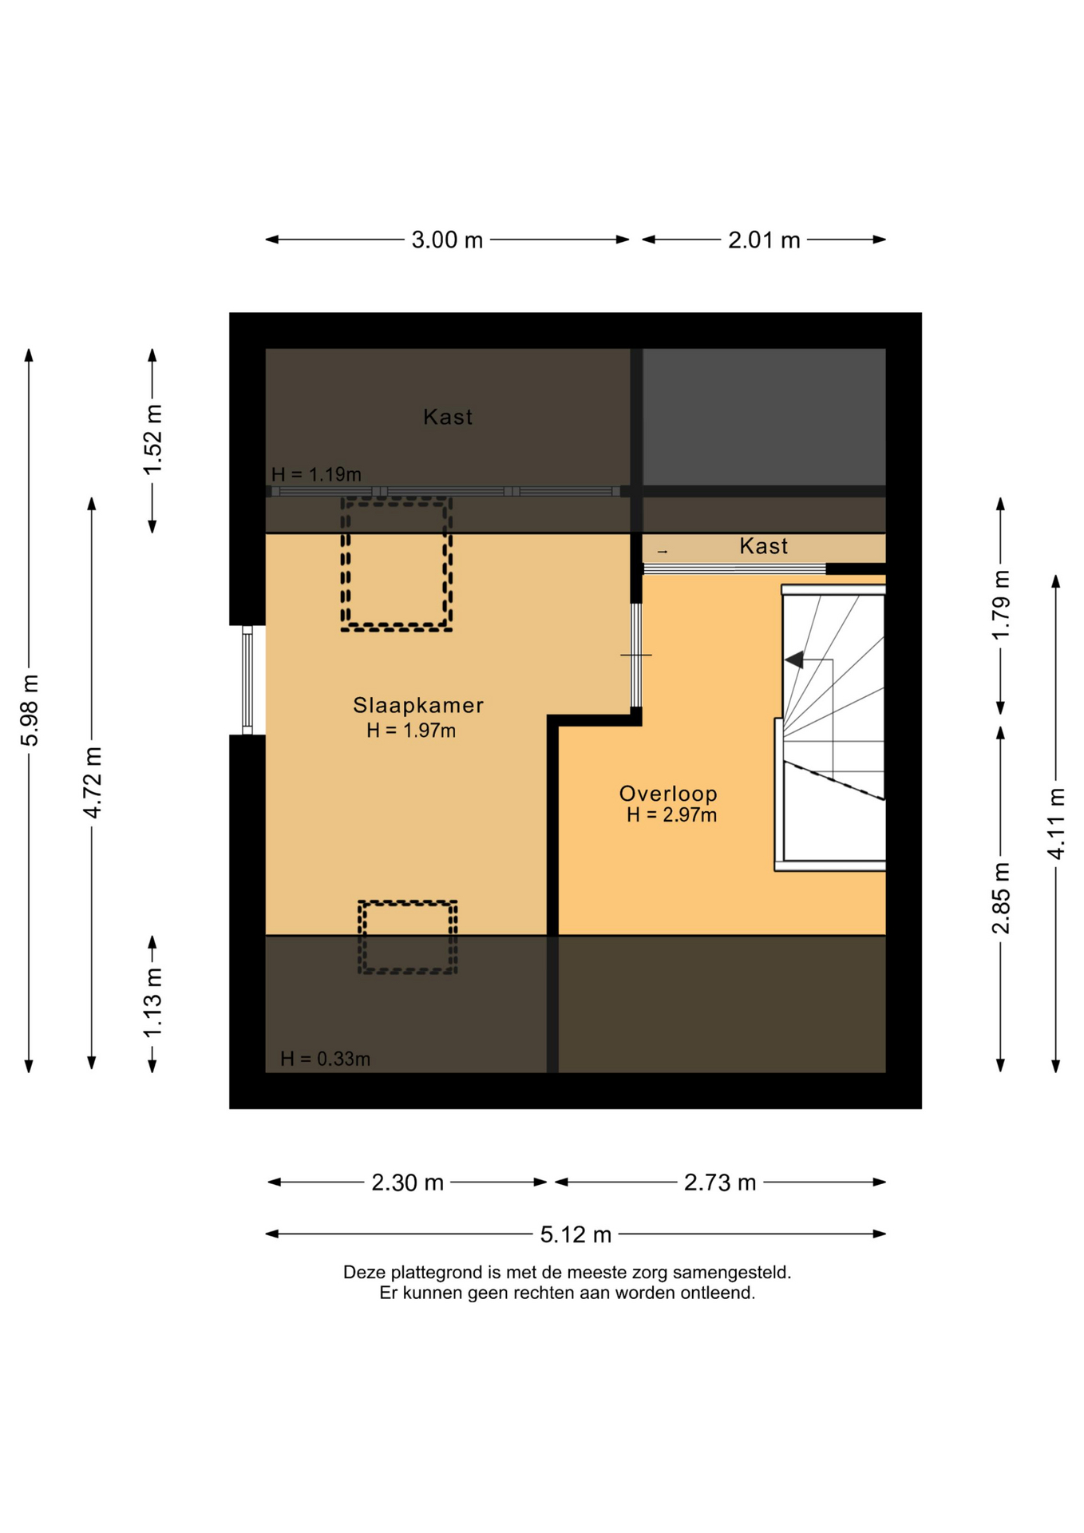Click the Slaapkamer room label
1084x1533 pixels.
point(418,705)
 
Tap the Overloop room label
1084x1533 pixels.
point(668,793)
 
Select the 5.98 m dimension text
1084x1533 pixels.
point(30,710)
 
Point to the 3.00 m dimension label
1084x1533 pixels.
point(447,240)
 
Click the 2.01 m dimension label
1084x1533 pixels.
point(764,240)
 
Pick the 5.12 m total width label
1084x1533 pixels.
point(576,1234)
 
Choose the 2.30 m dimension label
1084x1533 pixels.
point(407,1182)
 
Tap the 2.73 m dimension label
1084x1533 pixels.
point(720,1182)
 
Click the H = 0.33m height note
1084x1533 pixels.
point(325,1059)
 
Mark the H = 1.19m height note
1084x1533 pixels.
point(316,474)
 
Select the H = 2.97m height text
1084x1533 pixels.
point(671,815)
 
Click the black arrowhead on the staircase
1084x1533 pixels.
point(794,660)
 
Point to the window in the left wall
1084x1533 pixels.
point(247,679)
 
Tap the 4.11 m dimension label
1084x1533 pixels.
point(1056,823)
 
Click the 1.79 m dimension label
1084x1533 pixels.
point(1001,604)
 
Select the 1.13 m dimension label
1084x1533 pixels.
point(152,1002)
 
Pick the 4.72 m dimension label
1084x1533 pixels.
point(93,782)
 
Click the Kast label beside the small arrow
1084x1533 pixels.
point(763,546)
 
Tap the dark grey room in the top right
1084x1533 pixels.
point(764,416)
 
